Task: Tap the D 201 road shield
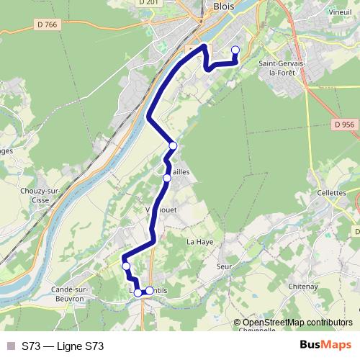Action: tap(148, 3)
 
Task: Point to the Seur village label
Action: tap(222, 265)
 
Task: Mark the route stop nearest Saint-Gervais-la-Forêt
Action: tap(235, 50)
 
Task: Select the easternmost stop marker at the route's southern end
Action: tap(150, 291)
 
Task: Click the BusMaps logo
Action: tap(325, 346)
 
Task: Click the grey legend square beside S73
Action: tap(10, 346)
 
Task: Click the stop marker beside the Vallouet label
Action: tap(166, 178)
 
